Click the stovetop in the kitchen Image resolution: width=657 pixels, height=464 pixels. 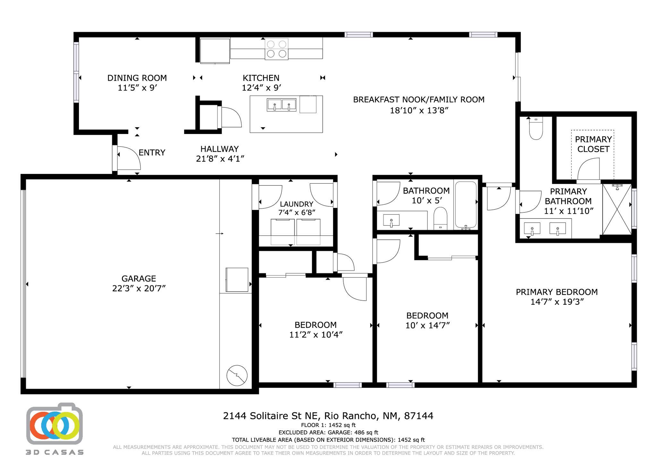coord(276,49)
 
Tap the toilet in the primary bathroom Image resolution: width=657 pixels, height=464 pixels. coord(536,128)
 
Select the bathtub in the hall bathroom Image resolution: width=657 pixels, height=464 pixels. coord(465,205)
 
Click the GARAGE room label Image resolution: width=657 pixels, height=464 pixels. coord(139,278)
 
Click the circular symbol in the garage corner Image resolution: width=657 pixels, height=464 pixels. coord(237,375)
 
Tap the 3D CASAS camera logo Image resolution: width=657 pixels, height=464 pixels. coord(55,424)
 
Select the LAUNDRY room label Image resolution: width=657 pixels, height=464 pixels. coord(296,204)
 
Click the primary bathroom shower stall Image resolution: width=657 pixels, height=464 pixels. coord(617,209)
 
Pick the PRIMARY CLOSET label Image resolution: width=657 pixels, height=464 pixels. coord(593,144)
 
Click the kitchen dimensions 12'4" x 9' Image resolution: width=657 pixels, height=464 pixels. coord(261,87)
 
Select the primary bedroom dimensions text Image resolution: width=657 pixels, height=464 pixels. coord(557,302)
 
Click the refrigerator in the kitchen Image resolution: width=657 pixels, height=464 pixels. coord(215,51)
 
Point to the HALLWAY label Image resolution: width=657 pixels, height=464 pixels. coord(219,149)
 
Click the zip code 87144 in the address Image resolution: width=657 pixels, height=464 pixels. coord(419,416)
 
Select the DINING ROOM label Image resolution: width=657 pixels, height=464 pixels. coord(137,78)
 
